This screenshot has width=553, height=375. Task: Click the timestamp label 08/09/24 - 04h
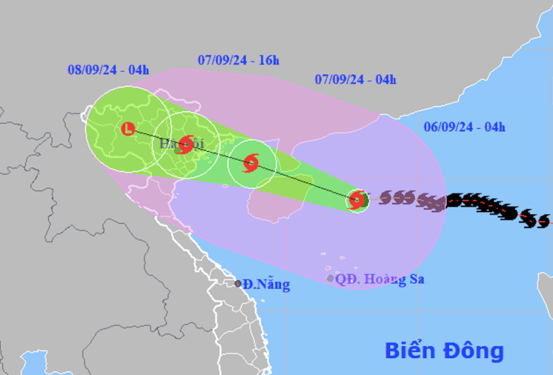point(108,70)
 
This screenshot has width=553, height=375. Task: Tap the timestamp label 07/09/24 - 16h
point(239,60)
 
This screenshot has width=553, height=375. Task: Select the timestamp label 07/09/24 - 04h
point(355,80)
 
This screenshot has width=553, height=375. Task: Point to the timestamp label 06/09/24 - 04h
point(465,127)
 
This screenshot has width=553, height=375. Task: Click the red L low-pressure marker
point(128,129)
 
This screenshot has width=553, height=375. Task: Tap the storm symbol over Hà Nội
point(186,144)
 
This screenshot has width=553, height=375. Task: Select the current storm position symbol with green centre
point(358,200)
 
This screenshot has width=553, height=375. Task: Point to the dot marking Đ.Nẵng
point(237,284)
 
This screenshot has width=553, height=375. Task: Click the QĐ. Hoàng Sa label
point(380,279)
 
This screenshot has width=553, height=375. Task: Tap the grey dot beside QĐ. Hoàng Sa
point(330,278)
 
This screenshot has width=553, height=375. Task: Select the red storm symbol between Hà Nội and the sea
point(251,164)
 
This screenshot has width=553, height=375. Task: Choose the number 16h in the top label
point(268,60)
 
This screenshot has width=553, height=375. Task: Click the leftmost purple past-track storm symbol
point(386,197)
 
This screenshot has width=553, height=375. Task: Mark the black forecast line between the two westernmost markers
point(157,136)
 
